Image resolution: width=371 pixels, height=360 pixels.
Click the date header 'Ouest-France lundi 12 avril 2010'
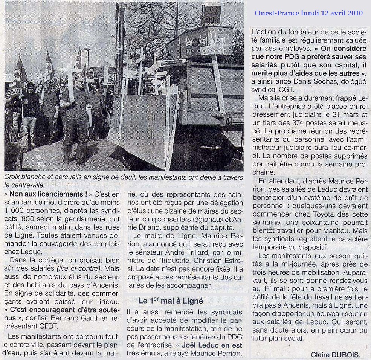(x=308, y=13)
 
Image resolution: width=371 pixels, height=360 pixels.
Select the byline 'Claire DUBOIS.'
(x=335, y=354)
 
